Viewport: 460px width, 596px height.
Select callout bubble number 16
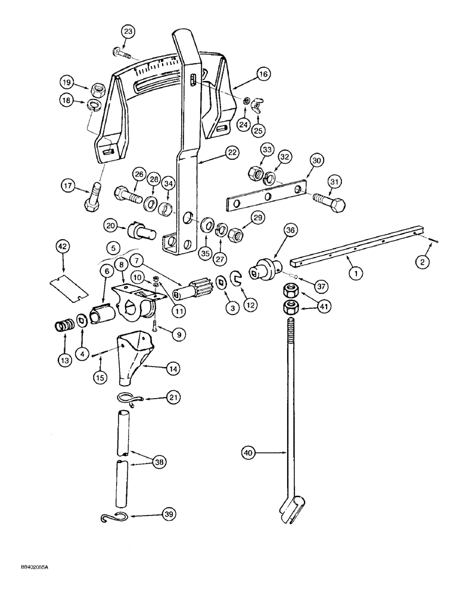[x=263, y=74]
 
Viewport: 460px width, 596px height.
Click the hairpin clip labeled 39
[x=113, y=519]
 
